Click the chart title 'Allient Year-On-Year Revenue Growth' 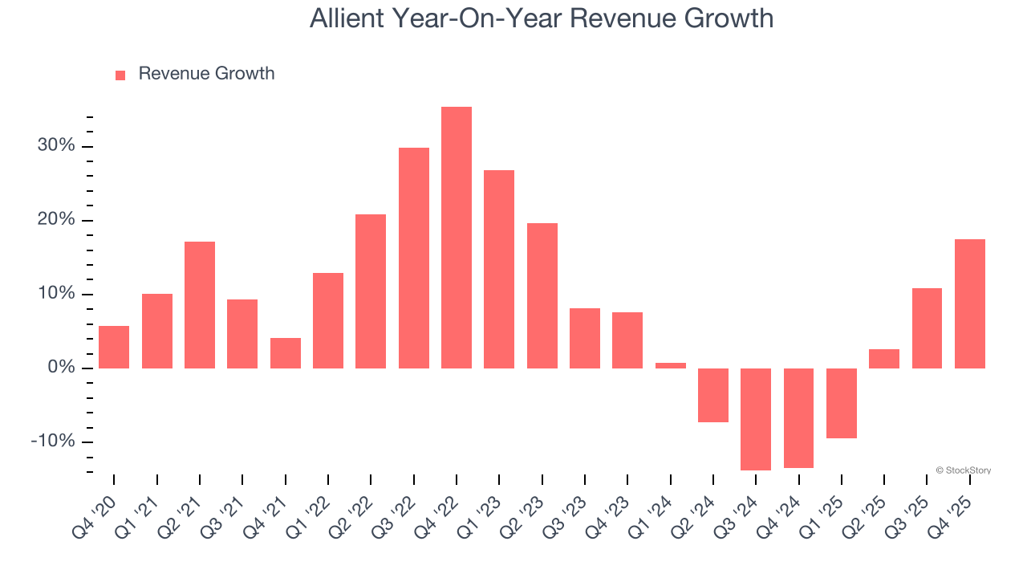pos(542,18)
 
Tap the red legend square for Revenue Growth pos(120,75)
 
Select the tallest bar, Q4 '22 pos(457,238)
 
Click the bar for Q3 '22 pos(413,258)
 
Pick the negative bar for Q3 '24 pos(756,419)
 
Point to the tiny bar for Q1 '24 pos(670,365)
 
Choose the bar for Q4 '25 pos(969,303)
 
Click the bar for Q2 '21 pos(200,305)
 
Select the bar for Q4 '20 pos(114,347)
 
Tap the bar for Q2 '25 pos(884,359)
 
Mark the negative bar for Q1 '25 pos(841,403)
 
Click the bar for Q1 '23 pos(499,269)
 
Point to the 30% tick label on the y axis pos(55,146)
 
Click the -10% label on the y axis pos(53,442)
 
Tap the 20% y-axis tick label pos(55,220)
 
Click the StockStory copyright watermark pos(963,470)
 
